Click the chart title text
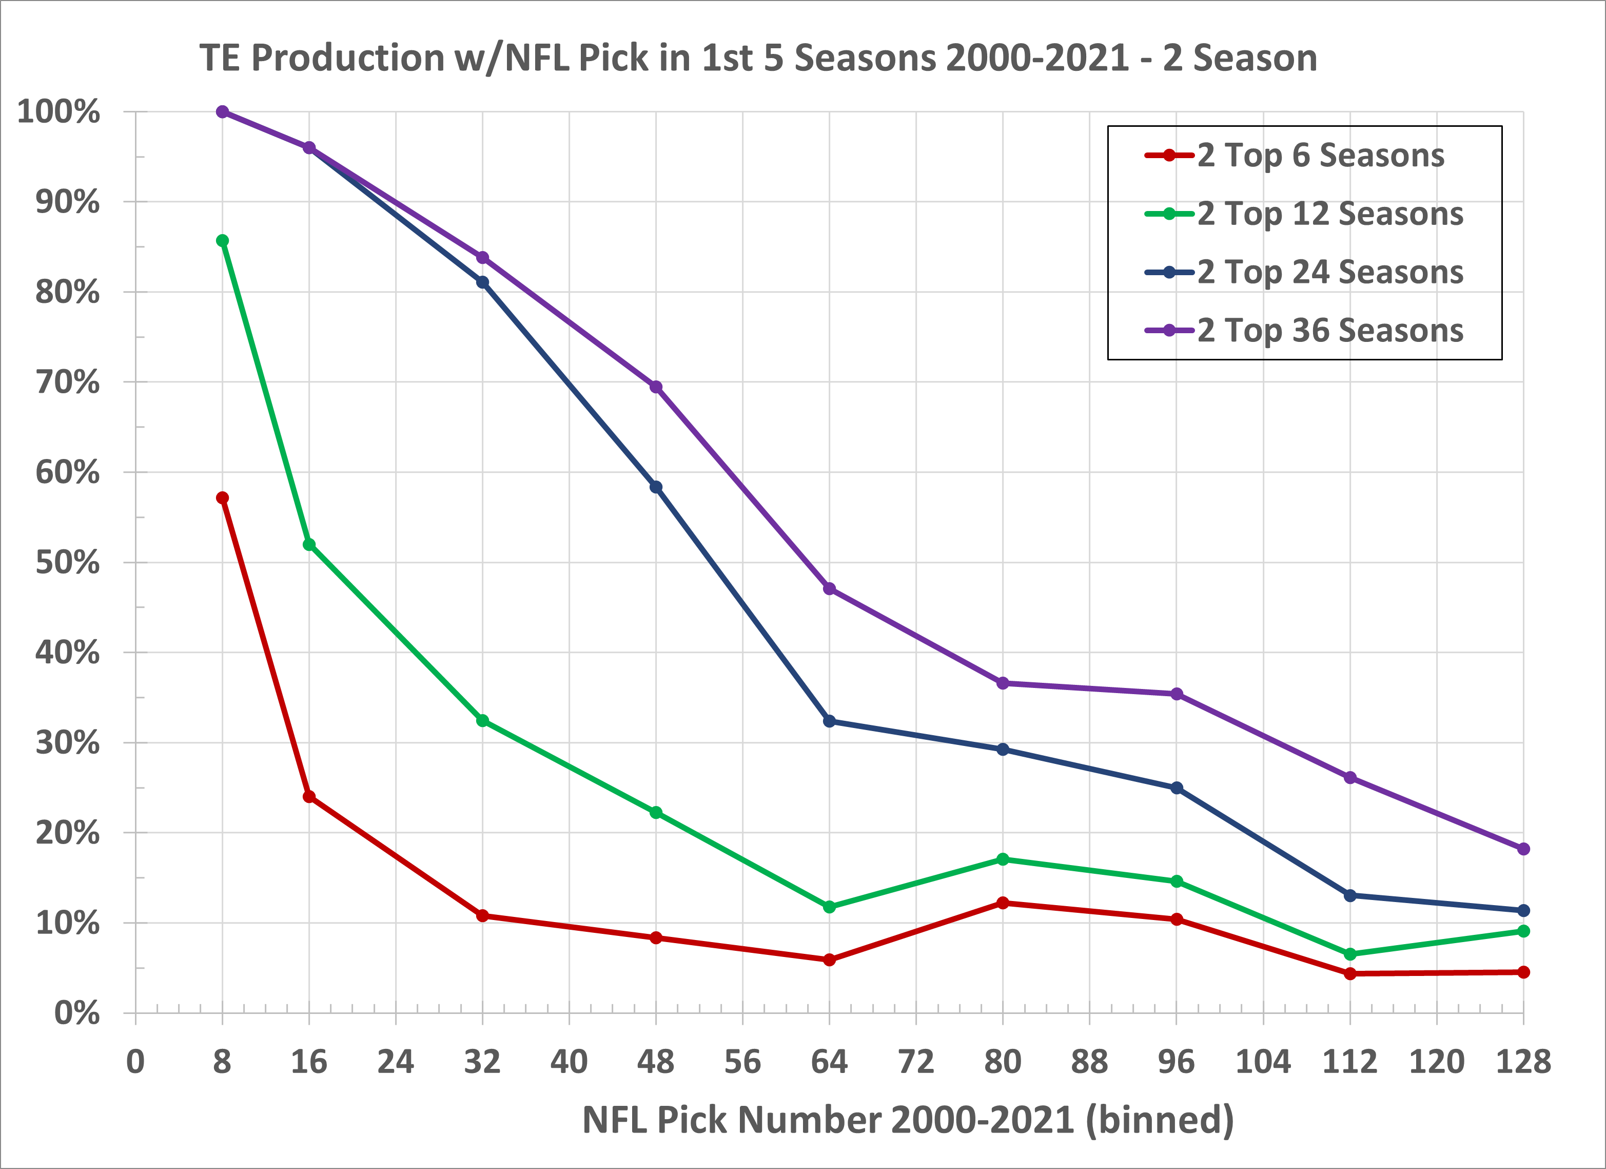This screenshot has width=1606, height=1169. (758, 58)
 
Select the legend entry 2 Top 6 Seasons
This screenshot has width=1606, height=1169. (1320, 155)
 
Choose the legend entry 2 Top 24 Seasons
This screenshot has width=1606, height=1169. (1330, 272)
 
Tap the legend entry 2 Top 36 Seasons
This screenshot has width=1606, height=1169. (1330, 330)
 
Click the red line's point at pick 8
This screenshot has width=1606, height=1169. (222, 498)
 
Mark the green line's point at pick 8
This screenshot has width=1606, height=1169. (222, 241)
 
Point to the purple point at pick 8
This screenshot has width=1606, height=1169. (222, 112)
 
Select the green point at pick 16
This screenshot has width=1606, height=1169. (309, 545)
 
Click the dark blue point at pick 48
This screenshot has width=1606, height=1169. (656, 487)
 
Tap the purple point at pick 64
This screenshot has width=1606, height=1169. (829, 589)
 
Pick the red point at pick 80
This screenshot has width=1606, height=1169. (1003, 904)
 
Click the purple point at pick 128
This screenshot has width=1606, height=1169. (1523, 849)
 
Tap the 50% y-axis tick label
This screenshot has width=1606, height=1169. (67, 563)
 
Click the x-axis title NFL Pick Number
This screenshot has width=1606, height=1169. (908, 1120)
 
